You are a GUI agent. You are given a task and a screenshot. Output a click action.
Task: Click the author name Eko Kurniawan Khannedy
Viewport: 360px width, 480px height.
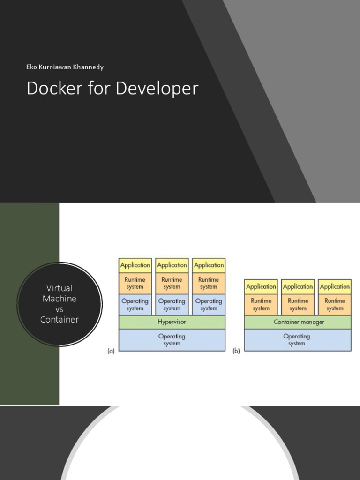tap(65, 67)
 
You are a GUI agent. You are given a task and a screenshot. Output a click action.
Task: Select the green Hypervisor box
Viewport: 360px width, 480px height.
tap(172, 322)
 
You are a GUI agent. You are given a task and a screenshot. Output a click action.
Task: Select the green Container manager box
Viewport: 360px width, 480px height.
tap(298, 322)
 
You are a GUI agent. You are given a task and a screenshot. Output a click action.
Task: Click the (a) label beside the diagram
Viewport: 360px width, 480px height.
tap(111, 351)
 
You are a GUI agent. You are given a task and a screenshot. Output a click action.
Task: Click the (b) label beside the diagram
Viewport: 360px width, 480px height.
tap(237, 351)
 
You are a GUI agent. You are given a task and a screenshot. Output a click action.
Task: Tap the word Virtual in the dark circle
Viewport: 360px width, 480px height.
tap(60, 288)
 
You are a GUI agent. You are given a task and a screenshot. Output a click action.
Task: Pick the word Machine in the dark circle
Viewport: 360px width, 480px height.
tap(60, 299)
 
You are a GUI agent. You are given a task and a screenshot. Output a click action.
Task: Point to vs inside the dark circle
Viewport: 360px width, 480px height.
tap(60, 309)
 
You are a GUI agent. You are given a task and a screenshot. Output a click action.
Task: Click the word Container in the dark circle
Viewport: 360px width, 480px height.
tap(60, 320)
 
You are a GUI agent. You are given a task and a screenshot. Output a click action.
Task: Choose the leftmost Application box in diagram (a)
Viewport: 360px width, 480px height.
tap(135, 265)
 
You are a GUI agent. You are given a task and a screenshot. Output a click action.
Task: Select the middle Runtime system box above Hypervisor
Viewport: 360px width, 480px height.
tap(172, 283)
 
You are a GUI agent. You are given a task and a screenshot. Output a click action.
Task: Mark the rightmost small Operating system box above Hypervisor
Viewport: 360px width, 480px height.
tap(209, 305)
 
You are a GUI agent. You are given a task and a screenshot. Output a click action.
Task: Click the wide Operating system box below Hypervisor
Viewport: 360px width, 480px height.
tap(172, 340)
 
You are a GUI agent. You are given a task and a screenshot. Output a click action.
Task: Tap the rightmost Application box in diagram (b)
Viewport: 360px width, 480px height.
tap(335, 286)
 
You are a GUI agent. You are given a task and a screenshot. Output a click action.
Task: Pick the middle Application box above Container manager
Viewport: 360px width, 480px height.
tap(298, 286)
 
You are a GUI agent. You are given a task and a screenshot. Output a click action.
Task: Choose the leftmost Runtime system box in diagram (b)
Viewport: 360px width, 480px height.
tap(261, 304)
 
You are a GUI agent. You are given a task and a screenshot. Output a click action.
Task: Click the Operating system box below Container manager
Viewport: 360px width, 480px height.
tap(298, 340)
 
